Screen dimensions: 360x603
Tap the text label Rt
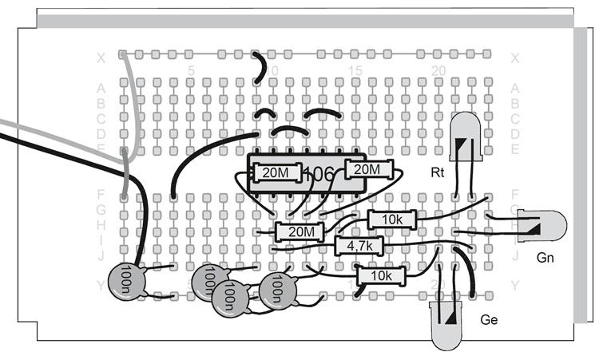click(437, 172)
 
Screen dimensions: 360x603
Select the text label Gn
click(545, 257)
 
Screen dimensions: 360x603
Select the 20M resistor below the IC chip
click(299, 232)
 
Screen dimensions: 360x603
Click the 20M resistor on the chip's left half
click(276, 172)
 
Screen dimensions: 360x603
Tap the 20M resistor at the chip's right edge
click(368, 169)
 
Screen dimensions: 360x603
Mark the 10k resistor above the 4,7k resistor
click(391, 220)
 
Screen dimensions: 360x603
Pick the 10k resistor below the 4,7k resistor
click(381, 276)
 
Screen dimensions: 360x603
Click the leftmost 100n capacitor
click(126, 280)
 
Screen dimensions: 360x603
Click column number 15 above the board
click(355, 71)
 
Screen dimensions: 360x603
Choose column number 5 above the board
click(190, 71)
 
